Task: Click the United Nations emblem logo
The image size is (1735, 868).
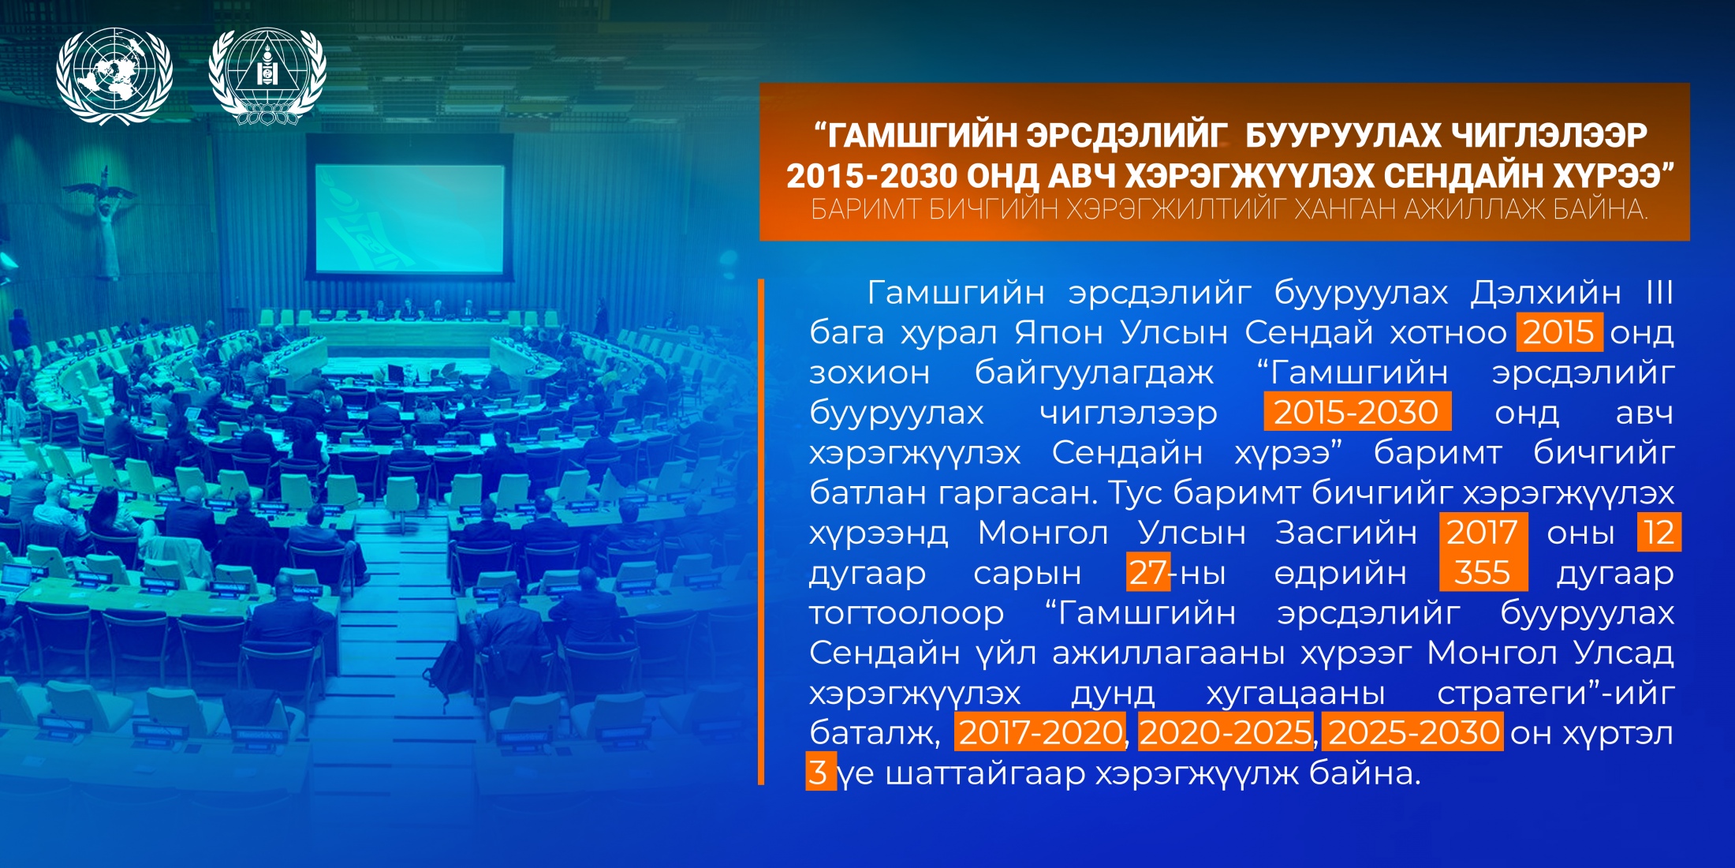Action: tap(114, 77)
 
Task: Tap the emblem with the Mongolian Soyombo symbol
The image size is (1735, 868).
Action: tap(267, 77)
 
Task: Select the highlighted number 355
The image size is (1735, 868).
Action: tap(1483, 572)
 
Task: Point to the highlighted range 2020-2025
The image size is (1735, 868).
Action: tap(1226, 732)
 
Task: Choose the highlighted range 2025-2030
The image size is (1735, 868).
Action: tap(1413, 732)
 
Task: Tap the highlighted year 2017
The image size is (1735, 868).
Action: tap(1483, 532)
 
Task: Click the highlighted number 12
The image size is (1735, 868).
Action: tap(1659, 532)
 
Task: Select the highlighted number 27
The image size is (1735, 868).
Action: tap(1147, 572)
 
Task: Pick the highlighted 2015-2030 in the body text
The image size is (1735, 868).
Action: tap(1357, 412)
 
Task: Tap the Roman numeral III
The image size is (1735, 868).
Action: tap(1659, 293)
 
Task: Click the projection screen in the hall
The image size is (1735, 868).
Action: tap(409, 218)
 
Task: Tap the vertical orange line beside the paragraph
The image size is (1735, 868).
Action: tap(761, 532)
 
